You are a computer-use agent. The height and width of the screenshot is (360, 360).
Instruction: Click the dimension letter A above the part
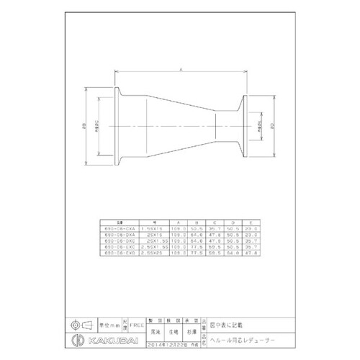[x=180, y=68]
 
